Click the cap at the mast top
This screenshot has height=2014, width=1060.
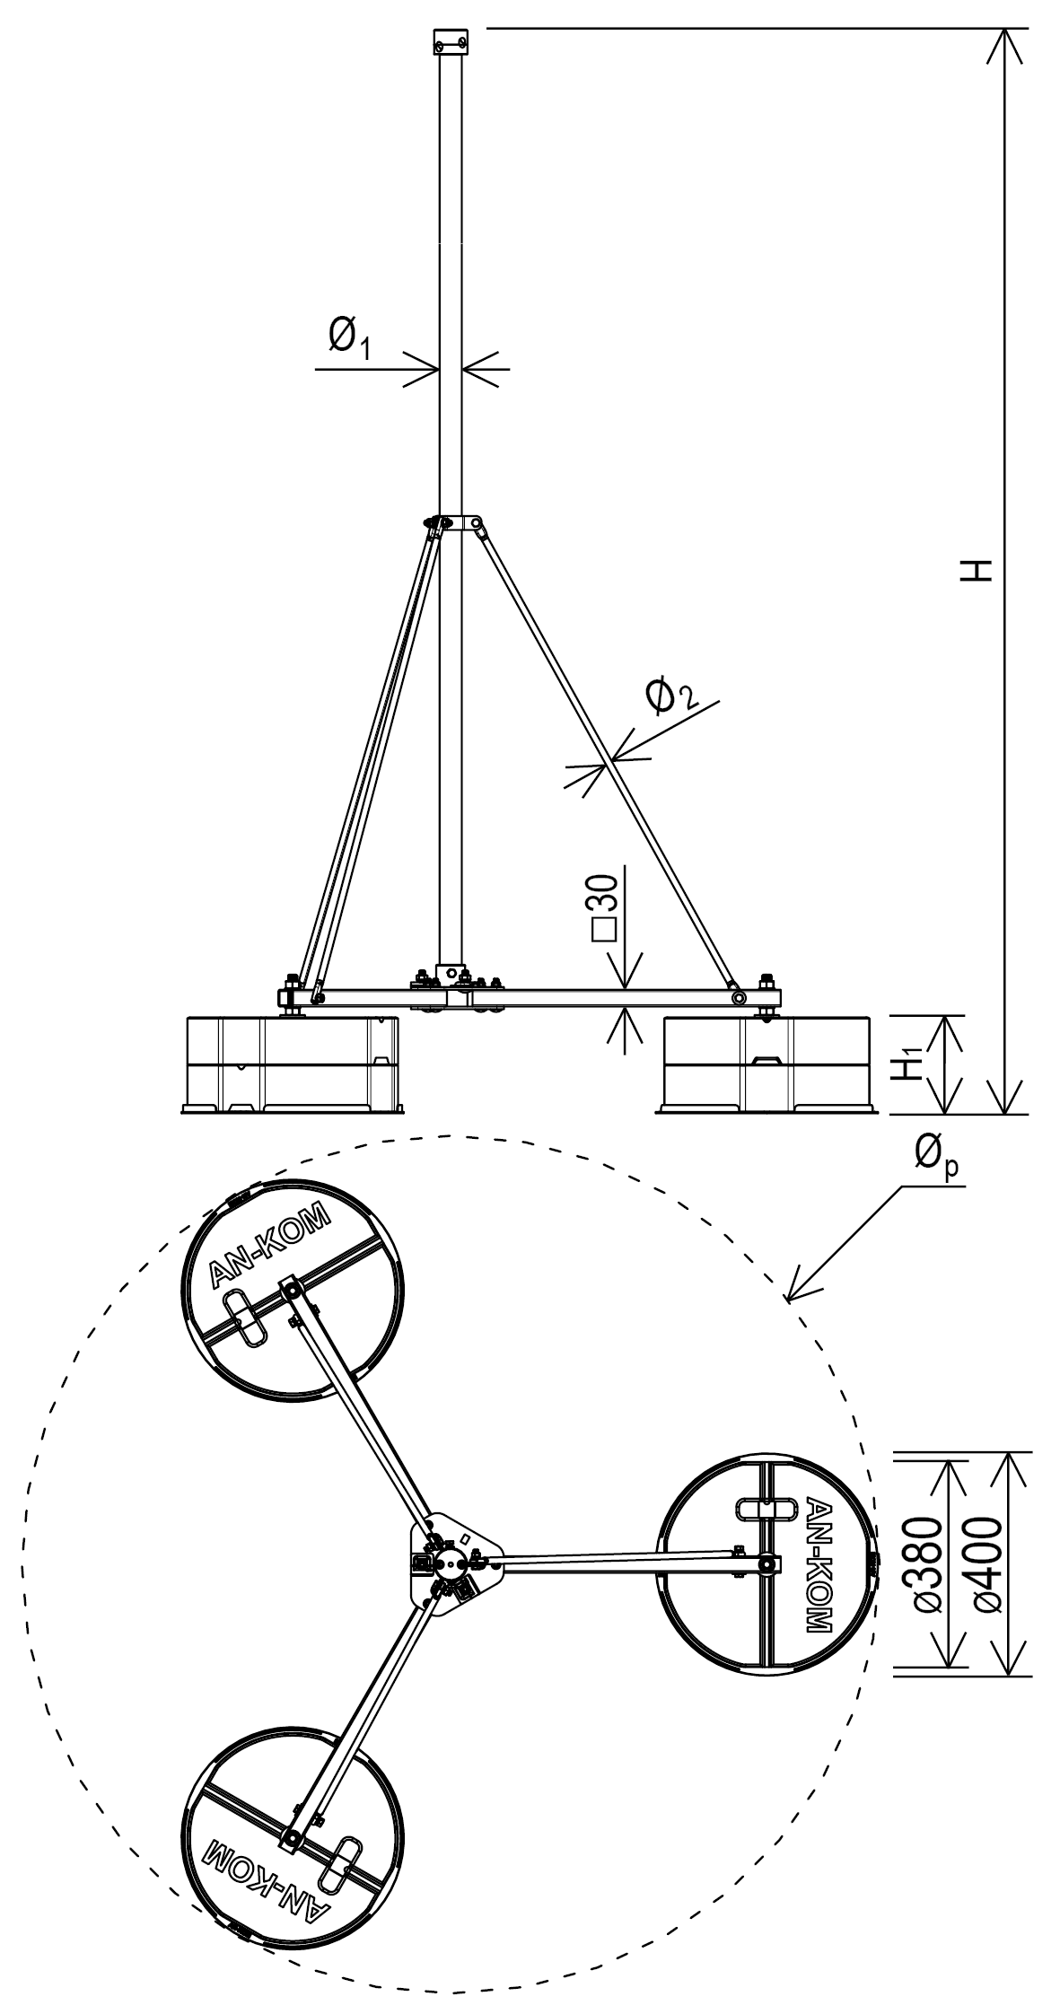[451, 40]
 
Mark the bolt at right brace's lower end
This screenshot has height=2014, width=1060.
[739, 997]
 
